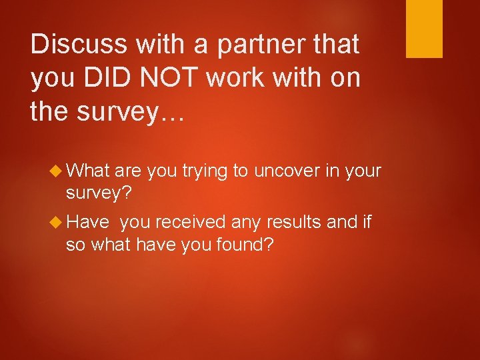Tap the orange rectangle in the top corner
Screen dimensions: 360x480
(x=425, y=29)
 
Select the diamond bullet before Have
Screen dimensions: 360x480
(x=57, y=222)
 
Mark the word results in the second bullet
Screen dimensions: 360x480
(x=295, y=221)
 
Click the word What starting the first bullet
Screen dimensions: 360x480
(x=88, y=171)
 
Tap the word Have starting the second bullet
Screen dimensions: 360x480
(x=88, y=221)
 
